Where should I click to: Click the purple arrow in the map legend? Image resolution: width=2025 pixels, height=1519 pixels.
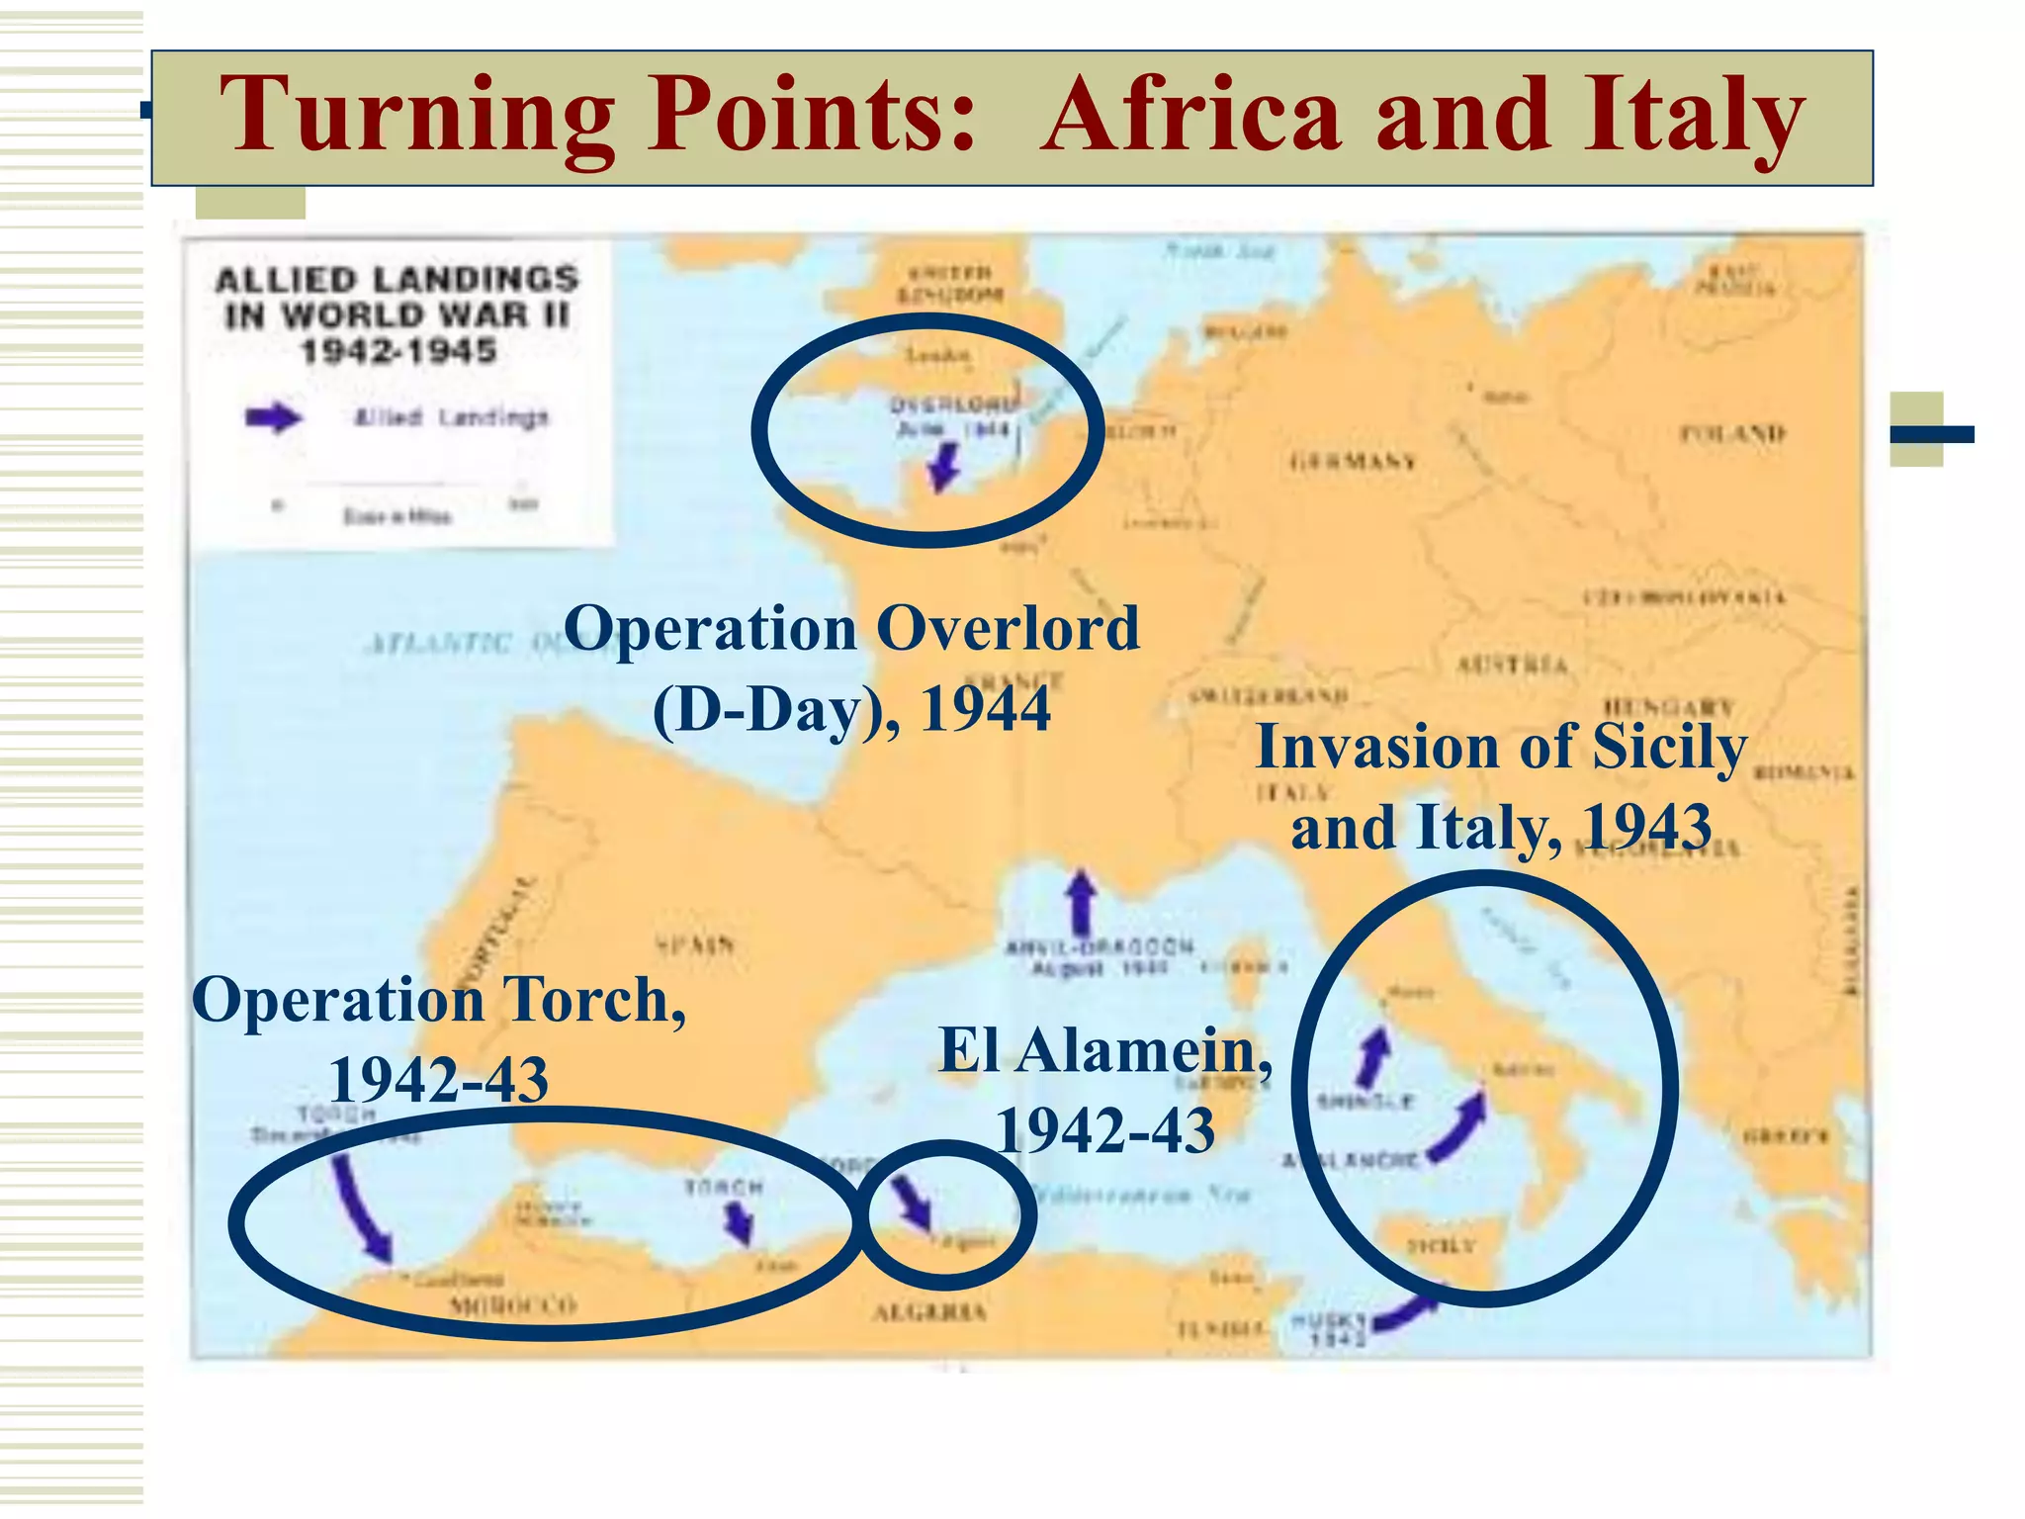coord(273,417)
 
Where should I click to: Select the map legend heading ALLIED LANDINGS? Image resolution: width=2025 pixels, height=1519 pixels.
coord(396,280)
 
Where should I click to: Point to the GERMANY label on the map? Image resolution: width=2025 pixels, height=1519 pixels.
coord(1353,461)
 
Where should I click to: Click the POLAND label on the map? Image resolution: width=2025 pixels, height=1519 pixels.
coord(1732,433)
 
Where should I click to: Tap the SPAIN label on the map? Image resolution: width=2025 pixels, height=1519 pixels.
coord(695,944)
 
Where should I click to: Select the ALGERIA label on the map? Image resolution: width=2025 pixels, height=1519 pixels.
coord(929,1312)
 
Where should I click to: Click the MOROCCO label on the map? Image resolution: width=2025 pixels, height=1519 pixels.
coord(512,1305)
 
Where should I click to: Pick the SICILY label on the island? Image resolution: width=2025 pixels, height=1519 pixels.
coord(1441,1245)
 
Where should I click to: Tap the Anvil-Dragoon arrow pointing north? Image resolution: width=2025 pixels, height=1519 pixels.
coord(1082,900)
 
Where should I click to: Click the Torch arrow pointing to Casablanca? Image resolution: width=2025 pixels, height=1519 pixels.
coord(361,1211)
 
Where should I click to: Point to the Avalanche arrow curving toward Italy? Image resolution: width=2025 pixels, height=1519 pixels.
coord(1458,1127)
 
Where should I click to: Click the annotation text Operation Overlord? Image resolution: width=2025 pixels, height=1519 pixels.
coord(851,629)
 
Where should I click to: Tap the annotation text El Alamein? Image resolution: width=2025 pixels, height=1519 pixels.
coord(1104,1050)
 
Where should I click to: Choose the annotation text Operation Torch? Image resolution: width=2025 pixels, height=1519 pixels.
coord(438,1000)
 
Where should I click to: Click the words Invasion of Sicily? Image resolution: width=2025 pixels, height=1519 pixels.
coord(1500,747)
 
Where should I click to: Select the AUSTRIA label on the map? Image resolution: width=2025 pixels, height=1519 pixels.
coord(1512,665)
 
